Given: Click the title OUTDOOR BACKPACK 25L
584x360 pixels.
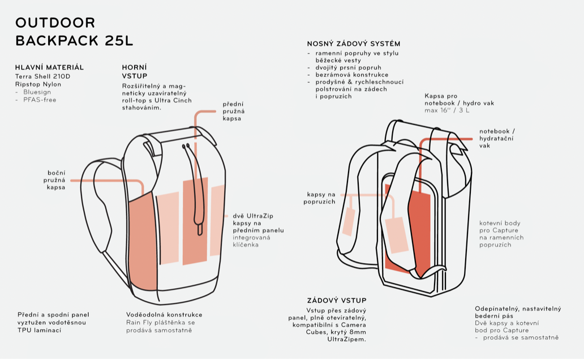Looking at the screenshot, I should (74, 32).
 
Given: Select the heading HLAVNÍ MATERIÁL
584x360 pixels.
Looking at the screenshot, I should (49, 67).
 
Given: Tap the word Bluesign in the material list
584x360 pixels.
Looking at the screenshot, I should (37, 92).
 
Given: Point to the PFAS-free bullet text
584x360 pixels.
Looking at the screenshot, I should (40, 100).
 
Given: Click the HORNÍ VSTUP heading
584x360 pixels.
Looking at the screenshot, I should (135, 71).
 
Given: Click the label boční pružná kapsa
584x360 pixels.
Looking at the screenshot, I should (56, 179).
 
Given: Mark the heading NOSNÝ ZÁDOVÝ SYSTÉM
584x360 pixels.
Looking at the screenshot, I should (354, 44).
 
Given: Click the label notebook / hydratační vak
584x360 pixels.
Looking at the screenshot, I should (497, 138).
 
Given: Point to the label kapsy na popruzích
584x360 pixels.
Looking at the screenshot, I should (320, 198).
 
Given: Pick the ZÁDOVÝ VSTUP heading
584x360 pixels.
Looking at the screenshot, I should (337, 301).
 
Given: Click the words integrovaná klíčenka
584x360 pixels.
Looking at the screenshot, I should (251, 241).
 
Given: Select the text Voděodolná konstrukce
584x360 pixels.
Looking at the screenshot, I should (164, 315).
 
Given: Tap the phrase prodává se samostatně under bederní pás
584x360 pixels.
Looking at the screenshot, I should (521, 338).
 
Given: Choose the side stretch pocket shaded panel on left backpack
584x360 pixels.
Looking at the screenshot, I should (141, 243).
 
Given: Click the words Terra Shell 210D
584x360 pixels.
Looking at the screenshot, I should (42, 76).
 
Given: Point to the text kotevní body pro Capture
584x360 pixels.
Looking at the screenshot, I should (499, 227).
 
